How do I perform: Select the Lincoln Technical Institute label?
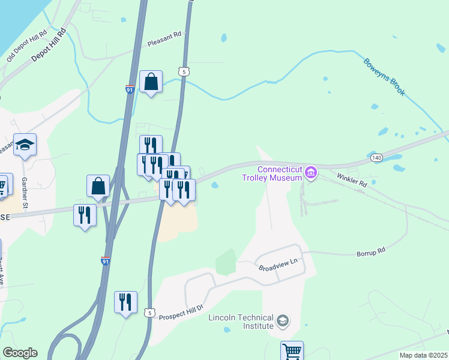[241, 322]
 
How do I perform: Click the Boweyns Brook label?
[384, 76]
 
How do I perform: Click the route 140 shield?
[376, 157]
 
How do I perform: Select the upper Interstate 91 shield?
[130, 89]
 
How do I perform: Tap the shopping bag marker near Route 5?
[151, 81]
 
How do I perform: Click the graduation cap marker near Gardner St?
[25, 145]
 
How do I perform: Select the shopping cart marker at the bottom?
[292, 351]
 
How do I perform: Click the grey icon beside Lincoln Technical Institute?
[282, 322]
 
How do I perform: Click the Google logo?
[20, 353]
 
